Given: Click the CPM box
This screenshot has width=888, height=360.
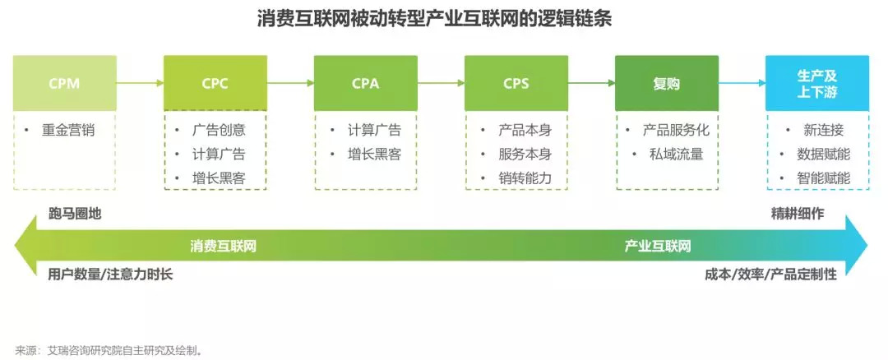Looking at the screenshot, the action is click(64, 83).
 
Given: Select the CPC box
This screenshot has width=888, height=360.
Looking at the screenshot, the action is click(215, 83).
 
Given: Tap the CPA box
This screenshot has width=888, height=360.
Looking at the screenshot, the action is click(365, 83).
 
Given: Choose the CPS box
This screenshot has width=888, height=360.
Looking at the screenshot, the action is click(516, 83).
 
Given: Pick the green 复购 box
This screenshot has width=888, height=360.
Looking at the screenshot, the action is click(666, 83).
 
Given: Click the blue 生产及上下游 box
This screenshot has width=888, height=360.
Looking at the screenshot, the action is click(816, 83).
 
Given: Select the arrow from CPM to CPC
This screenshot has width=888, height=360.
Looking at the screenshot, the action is click(140, 83).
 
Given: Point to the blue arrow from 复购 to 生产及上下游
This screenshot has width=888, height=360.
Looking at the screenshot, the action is click(742, 83).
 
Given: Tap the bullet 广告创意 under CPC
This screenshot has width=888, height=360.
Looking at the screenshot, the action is click(218, 130).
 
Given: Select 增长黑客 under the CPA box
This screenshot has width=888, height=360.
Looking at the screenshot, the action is click(374, 154).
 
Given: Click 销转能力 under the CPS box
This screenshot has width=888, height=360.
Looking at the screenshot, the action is click(525, 178).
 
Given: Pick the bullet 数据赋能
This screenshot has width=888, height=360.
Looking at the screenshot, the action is click(824, 154).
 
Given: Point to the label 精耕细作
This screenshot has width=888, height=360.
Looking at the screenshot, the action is click(797, 214).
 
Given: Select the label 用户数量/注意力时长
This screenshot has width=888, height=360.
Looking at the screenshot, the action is click(111, 275).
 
